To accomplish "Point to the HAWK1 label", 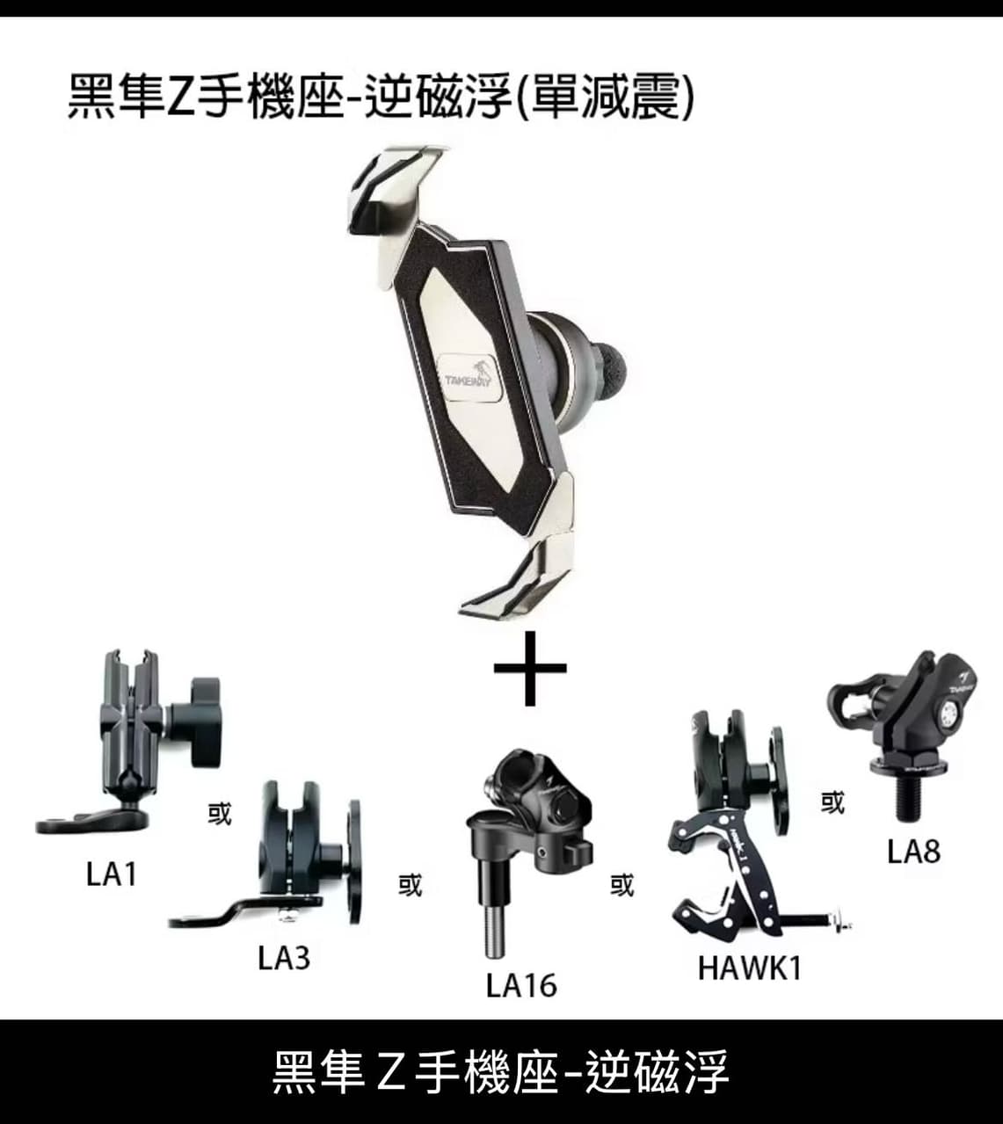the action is tap(749, 968).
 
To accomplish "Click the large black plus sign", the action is tap(530, 668).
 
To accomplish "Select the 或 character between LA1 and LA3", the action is tap(219, 813).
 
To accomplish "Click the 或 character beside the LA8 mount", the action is tap(832, 802).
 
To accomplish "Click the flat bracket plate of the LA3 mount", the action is tap(244, 910).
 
